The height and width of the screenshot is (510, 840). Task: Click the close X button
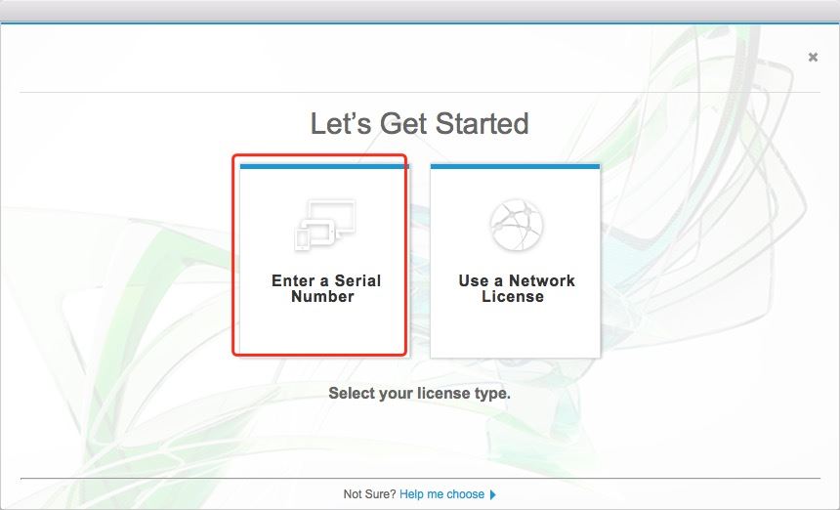813,57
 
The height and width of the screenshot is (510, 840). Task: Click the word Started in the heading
482,123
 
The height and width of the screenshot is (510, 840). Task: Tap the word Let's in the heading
341,123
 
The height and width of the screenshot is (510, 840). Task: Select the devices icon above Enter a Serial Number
324,225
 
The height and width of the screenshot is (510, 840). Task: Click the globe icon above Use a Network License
517,225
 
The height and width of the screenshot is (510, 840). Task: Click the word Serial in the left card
357,280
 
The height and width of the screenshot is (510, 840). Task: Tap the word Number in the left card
322,296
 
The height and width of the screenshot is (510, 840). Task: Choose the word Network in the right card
542,280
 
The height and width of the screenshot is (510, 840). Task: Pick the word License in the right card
513,296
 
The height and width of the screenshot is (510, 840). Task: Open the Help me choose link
441,494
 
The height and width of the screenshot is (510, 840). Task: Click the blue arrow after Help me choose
493,494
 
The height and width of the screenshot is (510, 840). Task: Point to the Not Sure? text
369,494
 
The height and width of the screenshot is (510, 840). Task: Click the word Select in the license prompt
352,393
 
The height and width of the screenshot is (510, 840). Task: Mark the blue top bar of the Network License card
516,167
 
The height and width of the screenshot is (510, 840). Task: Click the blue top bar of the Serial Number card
324,167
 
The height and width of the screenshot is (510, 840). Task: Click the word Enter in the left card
293,280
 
